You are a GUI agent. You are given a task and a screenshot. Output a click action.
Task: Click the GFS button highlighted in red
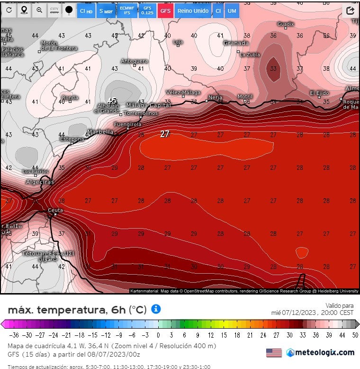pos(165,10)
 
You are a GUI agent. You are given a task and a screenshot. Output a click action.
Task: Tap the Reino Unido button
pos(193,10)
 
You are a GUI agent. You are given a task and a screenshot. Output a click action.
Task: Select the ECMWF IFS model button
pos(126,10)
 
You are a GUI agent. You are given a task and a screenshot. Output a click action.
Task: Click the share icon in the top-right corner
pos(351,10)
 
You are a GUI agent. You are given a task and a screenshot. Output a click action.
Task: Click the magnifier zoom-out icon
pos(39,10)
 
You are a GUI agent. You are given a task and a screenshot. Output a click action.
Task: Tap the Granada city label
pos(236,43)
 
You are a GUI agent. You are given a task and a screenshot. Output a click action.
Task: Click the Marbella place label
pos(100,132)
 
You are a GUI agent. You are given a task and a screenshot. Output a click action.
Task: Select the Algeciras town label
pos(40,182)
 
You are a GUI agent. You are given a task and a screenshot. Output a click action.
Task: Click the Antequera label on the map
pos(135,61)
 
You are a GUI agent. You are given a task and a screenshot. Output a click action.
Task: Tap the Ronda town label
pos(70,98)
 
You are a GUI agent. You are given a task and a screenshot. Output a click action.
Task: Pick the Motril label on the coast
pos(245,97)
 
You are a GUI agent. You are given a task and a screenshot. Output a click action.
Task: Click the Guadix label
pos(286,24)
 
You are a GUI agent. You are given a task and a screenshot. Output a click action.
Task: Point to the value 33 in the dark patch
pos(273,69)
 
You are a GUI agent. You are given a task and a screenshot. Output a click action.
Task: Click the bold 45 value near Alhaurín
pos(112,101)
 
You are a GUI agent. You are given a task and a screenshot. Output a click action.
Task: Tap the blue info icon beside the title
pos(155,309)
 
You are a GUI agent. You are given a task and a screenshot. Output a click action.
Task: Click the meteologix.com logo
pos(320,352)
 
